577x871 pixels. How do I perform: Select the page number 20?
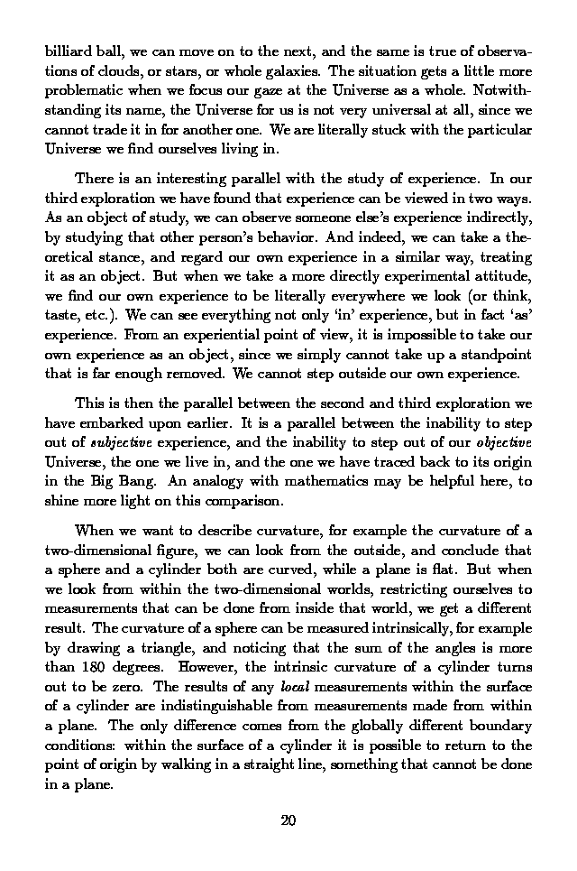288,820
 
